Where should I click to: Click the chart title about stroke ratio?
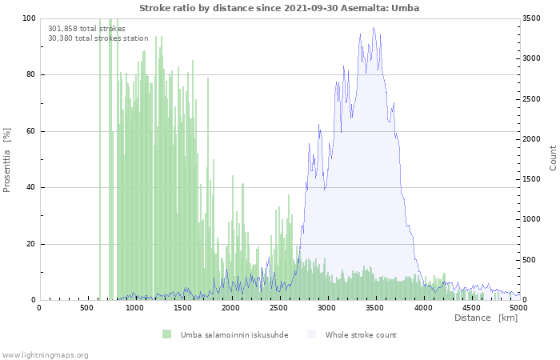click(278, 7)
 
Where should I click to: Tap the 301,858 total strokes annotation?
click(86, 28)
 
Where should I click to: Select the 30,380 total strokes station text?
click(98, 38)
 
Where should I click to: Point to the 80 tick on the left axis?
click(30, 75)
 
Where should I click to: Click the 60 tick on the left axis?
click(30, 131)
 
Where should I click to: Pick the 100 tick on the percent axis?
click(28, 18)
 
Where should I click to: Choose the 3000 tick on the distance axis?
click(327, 307)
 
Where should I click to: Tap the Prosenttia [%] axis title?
click(8, 160)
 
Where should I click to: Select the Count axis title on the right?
click(553, 158)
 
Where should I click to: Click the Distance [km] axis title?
click(486, 318)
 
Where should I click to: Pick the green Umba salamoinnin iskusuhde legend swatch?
click(167, 334)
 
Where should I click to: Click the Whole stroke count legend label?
click(360, 334)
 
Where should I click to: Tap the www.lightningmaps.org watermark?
click(45, 354)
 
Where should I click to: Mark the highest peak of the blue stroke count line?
click(373, 28)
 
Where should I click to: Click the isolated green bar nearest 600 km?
click(100, 160)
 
